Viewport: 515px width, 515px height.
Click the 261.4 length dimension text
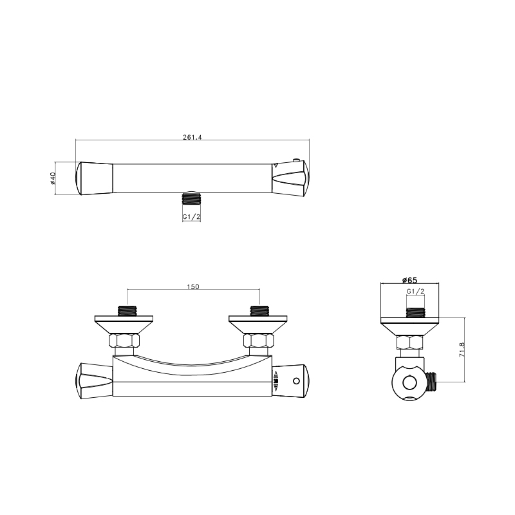pyautogui.click(x=192, y=137)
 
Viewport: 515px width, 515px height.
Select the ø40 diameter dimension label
pyautogui.click(x=53, y=178)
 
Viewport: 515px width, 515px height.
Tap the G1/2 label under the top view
pyautogui.click(x=191, y=217)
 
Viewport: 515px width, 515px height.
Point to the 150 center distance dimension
pyautogui.click(x=193, y=286)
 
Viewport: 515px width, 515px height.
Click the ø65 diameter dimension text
pyautogui.click(x=409, y=280)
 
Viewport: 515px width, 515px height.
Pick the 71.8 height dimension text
pyautogui.click(x=462, y=350)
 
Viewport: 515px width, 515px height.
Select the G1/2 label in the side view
pyautogui.click(x=415, y=292)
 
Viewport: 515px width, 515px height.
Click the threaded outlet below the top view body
pyautogui.click(x=191, y=198)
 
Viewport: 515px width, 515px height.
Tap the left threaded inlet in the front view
pyautogui.click(x=127, y=311)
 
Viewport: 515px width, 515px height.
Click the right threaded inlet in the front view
pyautogui.click(x=259, y=311)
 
